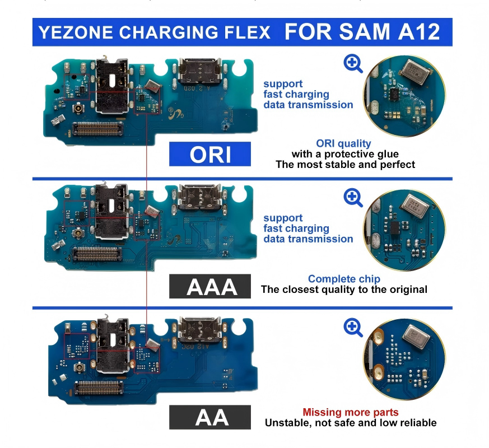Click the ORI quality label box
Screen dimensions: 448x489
[210, 154]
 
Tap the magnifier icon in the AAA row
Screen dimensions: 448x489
[353, 197]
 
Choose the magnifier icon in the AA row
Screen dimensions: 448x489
[353, 328]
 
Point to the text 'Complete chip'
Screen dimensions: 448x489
[344, 279]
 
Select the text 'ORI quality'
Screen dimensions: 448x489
[343, 144]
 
